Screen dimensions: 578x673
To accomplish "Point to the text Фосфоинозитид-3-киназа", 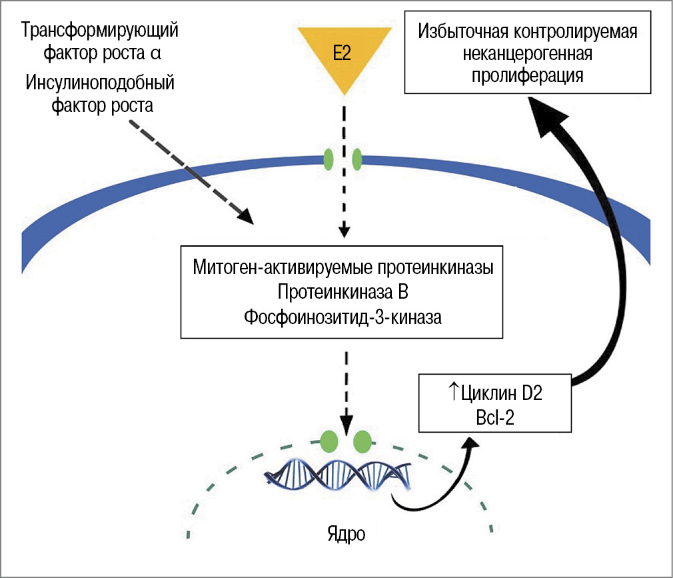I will tap(342, 317).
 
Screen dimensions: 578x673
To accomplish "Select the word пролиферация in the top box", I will tap(528, 75).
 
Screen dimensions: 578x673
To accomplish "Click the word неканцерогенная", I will tap(528, 53).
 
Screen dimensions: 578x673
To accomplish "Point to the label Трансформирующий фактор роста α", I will tap(100, 40).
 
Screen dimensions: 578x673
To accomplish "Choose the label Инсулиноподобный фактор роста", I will tap(100, 95).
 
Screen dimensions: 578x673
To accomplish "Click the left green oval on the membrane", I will tap(329, 159).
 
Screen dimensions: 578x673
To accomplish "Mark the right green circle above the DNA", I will tap(362, 441).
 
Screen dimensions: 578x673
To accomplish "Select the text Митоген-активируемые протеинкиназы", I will tap(342, 268).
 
